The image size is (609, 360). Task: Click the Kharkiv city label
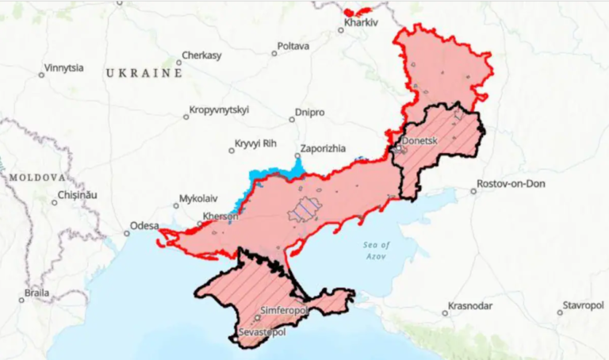[x=361, y=22]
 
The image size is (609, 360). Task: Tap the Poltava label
[x=293, y=46]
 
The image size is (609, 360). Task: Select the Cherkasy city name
[x=201, y=56]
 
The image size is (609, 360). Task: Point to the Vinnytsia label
[x=65, y=67]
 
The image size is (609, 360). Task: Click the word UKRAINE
[x=144, y=73]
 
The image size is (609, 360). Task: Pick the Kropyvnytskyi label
[x=220, y=109]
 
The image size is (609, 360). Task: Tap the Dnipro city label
[x=309, y=113]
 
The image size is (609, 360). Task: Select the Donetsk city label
[x=420, y=141]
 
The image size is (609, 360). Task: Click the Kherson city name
[x=221, y=216]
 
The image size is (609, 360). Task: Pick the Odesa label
[x=144, y=225]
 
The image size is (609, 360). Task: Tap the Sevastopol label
[x=262, y=331]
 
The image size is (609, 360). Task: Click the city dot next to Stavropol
[x=559, y=312]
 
